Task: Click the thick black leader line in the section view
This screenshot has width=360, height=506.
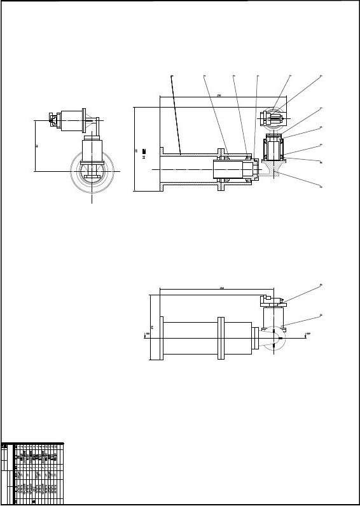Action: [176, 115]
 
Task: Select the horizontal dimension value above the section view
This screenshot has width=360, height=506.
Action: [219, 95]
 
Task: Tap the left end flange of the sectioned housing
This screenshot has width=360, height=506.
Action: [162, 170]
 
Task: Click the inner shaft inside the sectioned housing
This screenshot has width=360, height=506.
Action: [232, 170]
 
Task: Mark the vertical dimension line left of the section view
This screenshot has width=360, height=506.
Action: [134, 149]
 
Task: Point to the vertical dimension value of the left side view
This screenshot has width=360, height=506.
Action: [37, 146]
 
